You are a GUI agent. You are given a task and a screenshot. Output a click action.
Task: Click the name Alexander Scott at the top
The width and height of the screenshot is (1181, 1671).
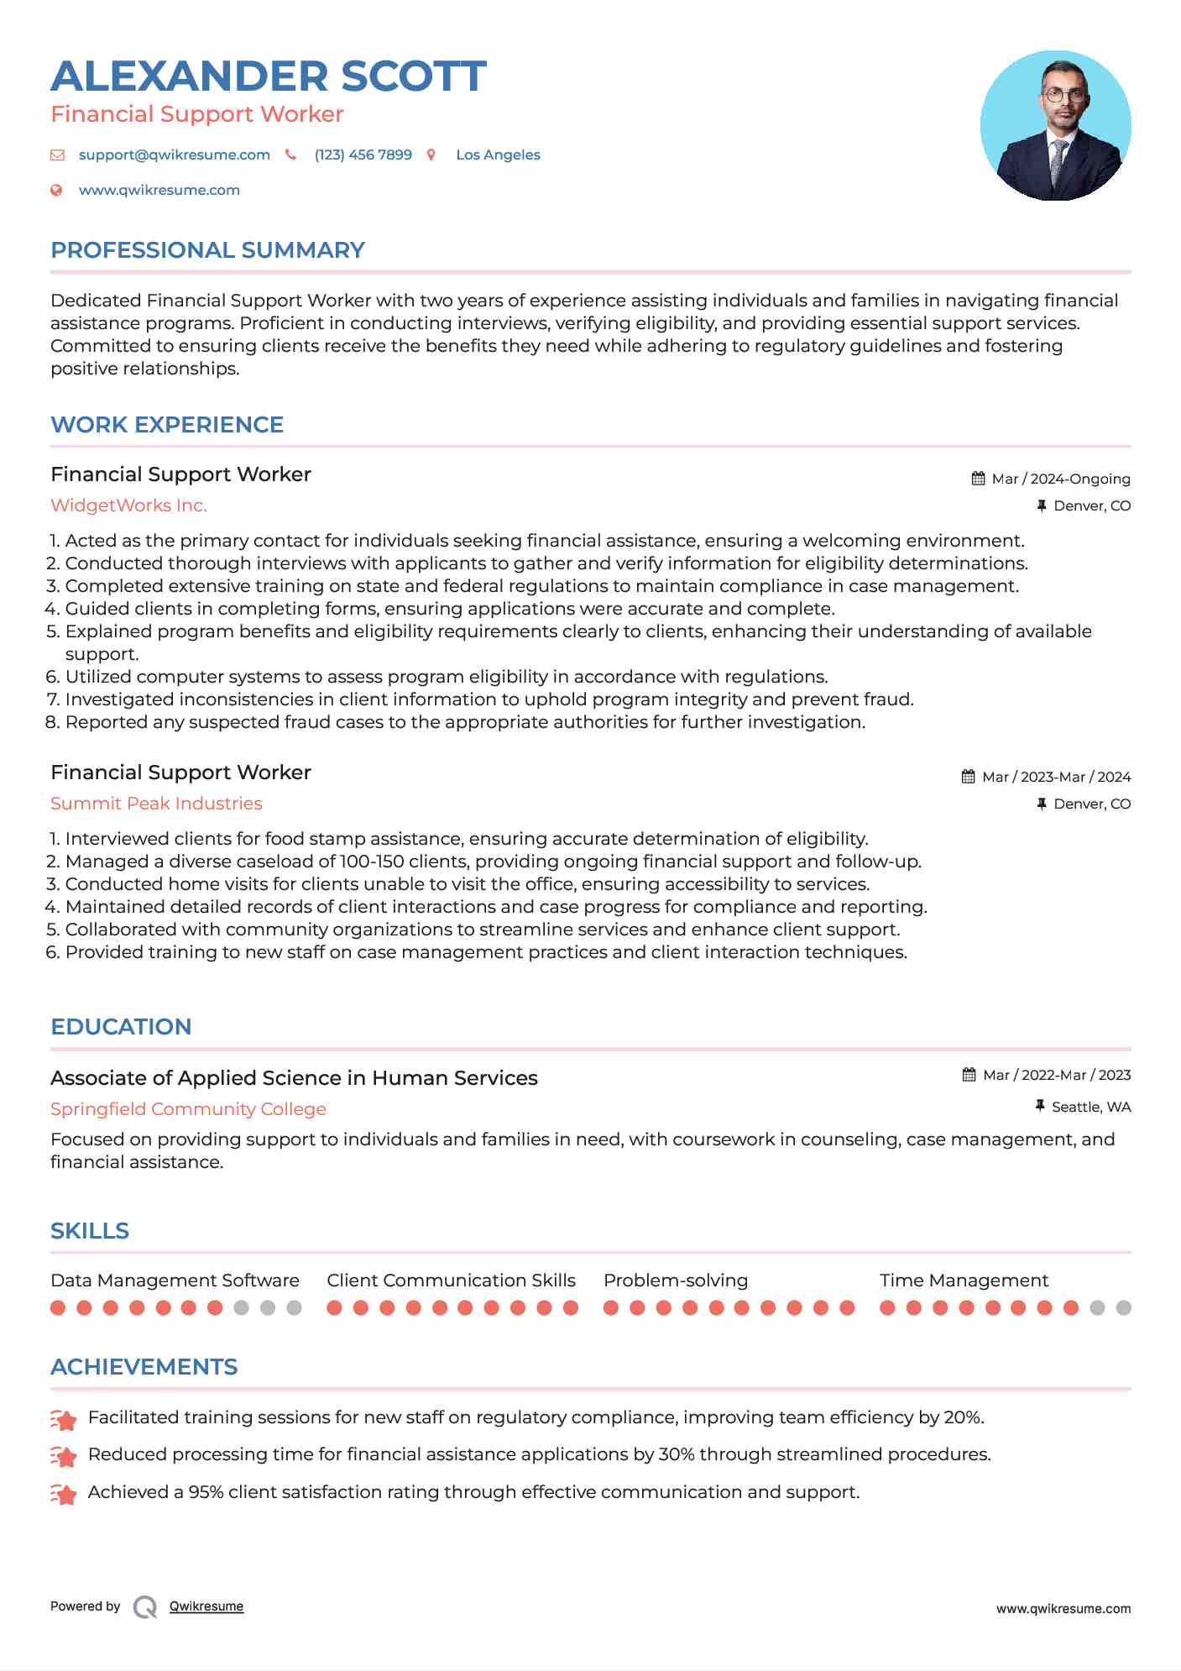click(269, 76)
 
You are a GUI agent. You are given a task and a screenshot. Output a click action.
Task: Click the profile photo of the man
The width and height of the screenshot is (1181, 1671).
click(1055, 126)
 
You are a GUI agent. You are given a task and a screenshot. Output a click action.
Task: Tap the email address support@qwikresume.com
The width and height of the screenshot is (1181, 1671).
click(174, 155)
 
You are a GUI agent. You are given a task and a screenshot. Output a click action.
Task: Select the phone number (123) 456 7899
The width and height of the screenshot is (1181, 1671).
click(363, 155)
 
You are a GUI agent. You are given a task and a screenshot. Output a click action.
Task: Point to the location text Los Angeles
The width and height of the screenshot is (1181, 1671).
click(498, 155)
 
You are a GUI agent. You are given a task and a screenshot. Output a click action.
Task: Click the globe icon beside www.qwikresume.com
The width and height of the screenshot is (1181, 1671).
click(56, 191)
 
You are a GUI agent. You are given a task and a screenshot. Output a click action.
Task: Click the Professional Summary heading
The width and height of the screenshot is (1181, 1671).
click(207, 250)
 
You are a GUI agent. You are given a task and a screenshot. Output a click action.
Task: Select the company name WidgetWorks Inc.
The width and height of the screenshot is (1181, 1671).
click(128, 505)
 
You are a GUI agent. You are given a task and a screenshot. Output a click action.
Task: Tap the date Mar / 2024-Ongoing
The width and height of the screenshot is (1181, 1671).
click(1060, 479)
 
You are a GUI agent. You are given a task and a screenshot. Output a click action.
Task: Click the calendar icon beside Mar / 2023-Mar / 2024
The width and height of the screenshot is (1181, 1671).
click(968, 777)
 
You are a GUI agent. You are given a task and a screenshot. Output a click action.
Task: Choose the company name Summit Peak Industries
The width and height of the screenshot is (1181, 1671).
click(156, 804)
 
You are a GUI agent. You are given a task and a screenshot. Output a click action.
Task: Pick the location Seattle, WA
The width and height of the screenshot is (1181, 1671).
click(1090, 1107)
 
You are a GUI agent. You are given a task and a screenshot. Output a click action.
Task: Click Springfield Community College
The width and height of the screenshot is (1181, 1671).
click(188, 1109)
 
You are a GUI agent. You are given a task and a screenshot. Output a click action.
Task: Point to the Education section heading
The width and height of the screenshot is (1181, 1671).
click(121, 1027)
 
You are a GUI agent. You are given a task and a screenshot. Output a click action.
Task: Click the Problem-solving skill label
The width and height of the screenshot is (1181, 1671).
click(675, 1281)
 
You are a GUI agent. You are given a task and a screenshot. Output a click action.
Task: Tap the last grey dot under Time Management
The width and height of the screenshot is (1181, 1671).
click(1123, 1307)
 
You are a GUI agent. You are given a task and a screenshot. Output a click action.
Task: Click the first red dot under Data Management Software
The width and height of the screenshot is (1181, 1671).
click(58, 1307)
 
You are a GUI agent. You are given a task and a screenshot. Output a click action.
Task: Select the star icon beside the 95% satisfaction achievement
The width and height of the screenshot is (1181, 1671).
click(64, 1493)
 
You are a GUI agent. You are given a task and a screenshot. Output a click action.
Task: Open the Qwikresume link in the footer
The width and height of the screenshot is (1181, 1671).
click(206, 1606)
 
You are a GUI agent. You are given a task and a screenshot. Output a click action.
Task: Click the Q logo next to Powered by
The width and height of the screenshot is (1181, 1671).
click(145, 1606)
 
